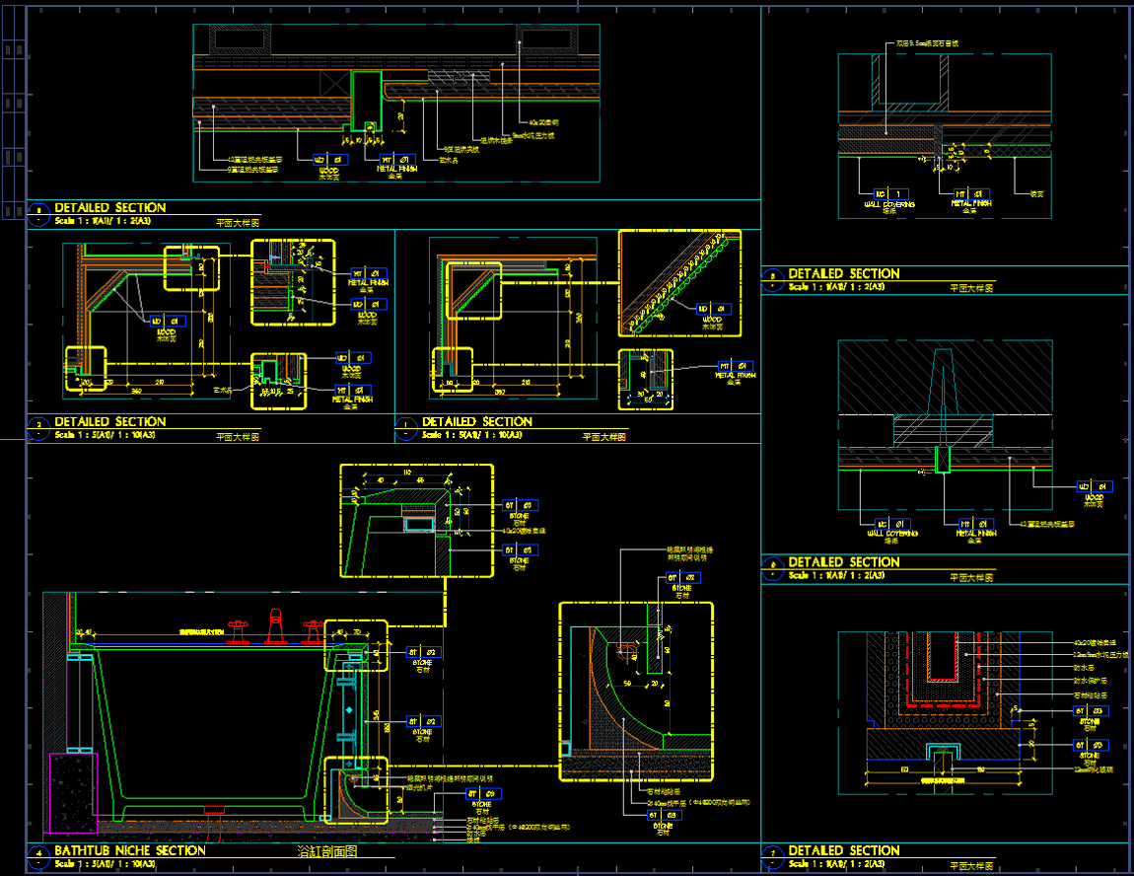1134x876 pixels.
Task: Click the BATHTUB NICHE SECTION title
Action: coord(129,850)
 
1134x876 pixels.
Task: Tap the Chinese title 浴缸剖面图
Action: coord(326,850)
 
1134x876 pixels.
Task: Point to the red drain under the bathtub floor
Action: coord(215,810)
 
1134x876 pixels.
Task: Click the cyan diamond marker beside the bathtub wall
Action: coord(348,709)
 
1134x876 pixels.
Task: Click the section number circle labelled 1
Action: coord(407,425)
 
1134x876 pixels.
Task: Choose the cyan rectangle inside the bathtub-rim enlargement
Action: coord(419,524)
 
